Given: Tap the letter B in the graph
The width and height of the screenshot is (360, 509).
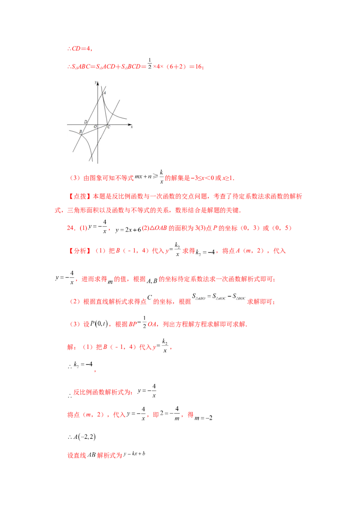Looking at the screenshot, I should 81,131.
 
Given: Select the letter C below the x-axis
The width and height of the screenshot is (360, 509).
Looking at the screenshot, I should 109,127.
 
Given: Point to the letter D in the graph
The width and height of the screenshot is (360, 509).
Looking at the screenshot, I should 85,122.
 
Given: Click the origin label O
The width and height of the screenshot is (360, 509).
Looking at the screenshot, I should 95,127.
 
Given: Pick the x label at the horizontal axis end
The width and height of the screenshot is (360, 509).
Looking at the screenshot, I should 131,127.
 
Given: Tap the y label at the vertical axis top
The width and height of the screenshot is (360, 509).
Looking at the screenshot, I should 95,82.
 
